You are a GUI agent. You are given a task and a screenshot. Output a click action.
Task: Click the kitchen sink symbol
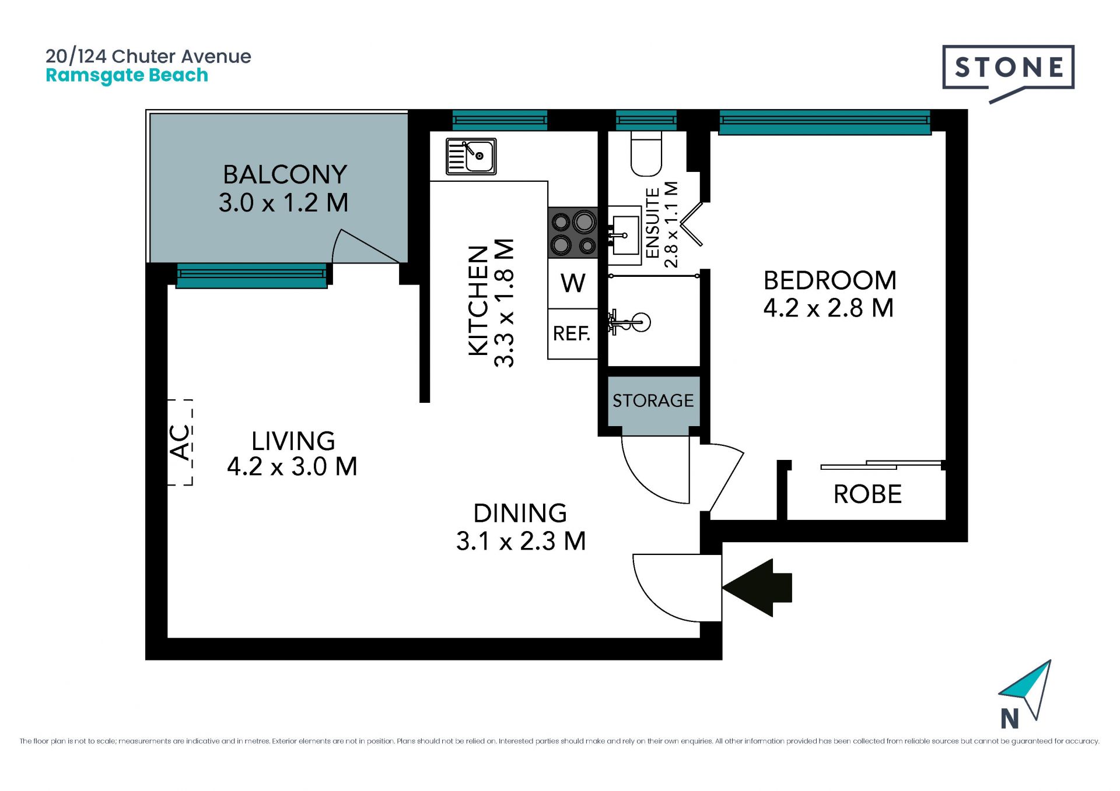[x=471, y=156]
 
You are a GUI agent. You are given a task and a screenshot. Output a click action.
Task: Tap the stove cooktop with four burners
[x=573, y=233]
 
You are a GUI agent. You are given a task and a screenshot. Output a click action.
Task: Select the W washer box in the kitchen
[x=573, y=283]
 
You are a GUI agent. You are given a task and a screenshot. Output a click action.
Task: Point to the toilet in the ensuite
[x=646, y=153]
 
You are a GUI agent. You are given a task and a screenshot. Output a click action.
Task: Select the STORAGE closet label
[x=653, y=400]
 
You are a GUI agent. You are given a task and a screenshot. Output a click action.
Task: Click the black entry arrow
[x=757, y=588]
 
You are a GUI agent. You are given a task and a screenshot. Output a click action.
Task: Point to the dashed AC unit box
[x=180, y=442]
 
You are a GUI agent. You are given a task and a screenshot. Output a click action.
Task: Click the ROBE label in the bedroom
[x=867, y=494]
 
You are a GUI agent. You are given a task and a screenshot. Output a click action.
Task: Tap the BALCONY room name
[x=285, y=174]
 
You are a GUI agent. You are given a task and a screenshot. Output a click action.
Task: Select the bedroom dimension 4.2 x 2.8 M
[x=829, y=308]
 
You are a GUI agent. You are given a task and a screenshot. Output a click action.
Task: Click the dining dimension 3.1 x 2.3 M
[x=521, y=541]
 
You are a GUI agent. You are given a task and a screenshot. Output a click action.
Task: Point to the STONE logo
[x=1009, y=73]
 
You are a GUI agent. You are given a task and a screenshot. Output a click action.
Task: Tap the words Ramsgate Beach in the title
[x=127, y=76]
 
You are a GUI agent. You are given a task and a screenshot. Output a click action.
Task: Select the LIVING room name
[x=293, y=441]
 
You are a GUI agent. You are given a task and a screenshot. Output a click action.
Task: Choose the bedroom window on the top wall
[x=825, y=122]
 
